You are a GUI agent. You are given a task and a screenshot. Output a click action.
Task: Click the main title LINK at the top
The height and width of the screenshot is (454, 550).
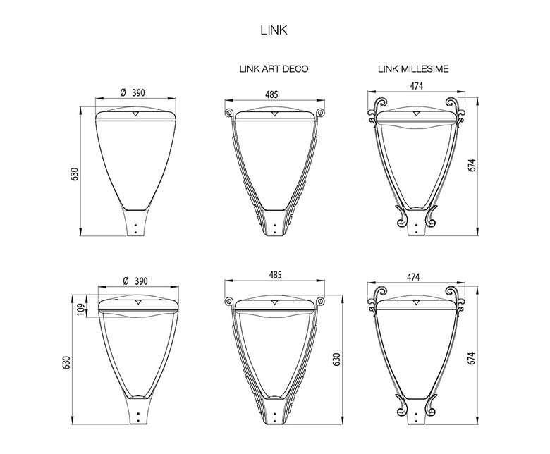pos(274,30)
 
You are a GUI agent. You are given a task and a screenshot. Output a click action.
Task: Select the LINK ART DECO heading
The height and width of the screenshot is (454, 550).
pos(274,68)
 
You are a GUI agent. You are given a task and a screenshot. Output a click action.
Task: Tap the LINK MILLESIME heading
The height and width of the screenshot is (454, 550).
pos(413,68)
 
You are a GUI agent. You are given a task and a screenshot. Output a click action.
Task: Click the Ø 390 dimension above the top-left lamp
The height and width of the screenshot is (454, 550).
pos(133,92)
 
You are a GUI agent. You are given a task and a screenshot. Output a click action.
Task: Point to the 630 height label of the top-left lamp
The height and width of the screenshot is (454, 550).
pos(74,174)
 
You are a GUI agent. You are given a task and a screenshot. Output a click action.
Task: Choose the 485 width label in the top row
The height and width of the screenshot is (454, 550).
pos(271,94)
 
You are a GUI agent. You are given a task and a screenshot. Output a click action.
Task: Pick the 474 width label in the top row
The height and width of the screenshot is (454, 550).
pos(416,85)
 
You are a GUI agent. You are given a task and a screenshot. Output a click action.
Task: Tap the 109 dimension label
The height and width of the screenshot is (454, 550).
pos(80,309)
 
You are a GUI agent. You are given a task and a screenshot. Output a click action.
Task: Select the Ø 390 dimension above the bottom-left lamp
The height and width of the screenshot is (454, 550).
pos(135,281)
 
